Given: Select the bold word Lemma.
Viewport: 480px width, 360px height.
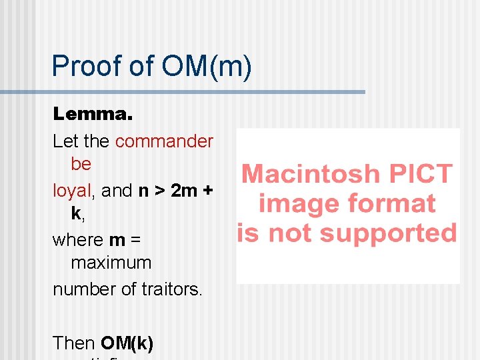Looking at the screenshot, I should coord(93,114).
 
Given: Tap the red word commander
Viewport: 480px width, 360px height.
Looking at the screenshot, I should coord(164,141).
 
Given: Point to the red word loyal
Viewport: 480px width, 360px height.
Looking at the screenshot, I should coord(71,191).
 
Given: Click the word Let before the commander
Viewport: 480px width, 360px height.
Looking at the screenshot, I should coord(65,141).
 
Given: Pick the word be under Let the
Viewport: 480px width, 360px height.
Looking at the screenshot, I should coord(81,163).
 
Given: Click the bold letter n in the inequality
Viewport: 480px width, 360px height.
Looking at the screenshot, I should coord(143,191).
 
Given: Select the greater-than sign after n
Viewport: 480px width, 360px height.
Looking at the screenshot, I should coord(160,191).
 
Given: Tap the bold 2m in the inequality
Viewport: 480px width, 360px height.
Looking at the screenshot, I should coord(184,191).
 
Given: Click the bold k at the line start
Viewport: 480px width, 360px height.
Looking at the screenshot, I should coord(76,213).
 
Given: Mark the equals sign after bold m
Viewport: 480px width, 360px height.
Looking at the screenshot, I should coord(135,240).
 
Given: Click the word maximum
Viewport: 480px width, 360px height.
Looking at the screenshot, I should coord(111,263).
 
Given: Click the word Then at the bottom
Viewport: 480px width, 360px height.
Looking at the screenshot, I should coord(74,343).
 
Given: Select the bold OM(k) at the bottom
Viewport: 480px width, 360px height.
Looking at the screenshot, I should coord(127,343).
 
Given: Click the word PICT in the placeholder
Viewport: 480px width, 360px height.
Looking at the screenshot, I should coord(419,175).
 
